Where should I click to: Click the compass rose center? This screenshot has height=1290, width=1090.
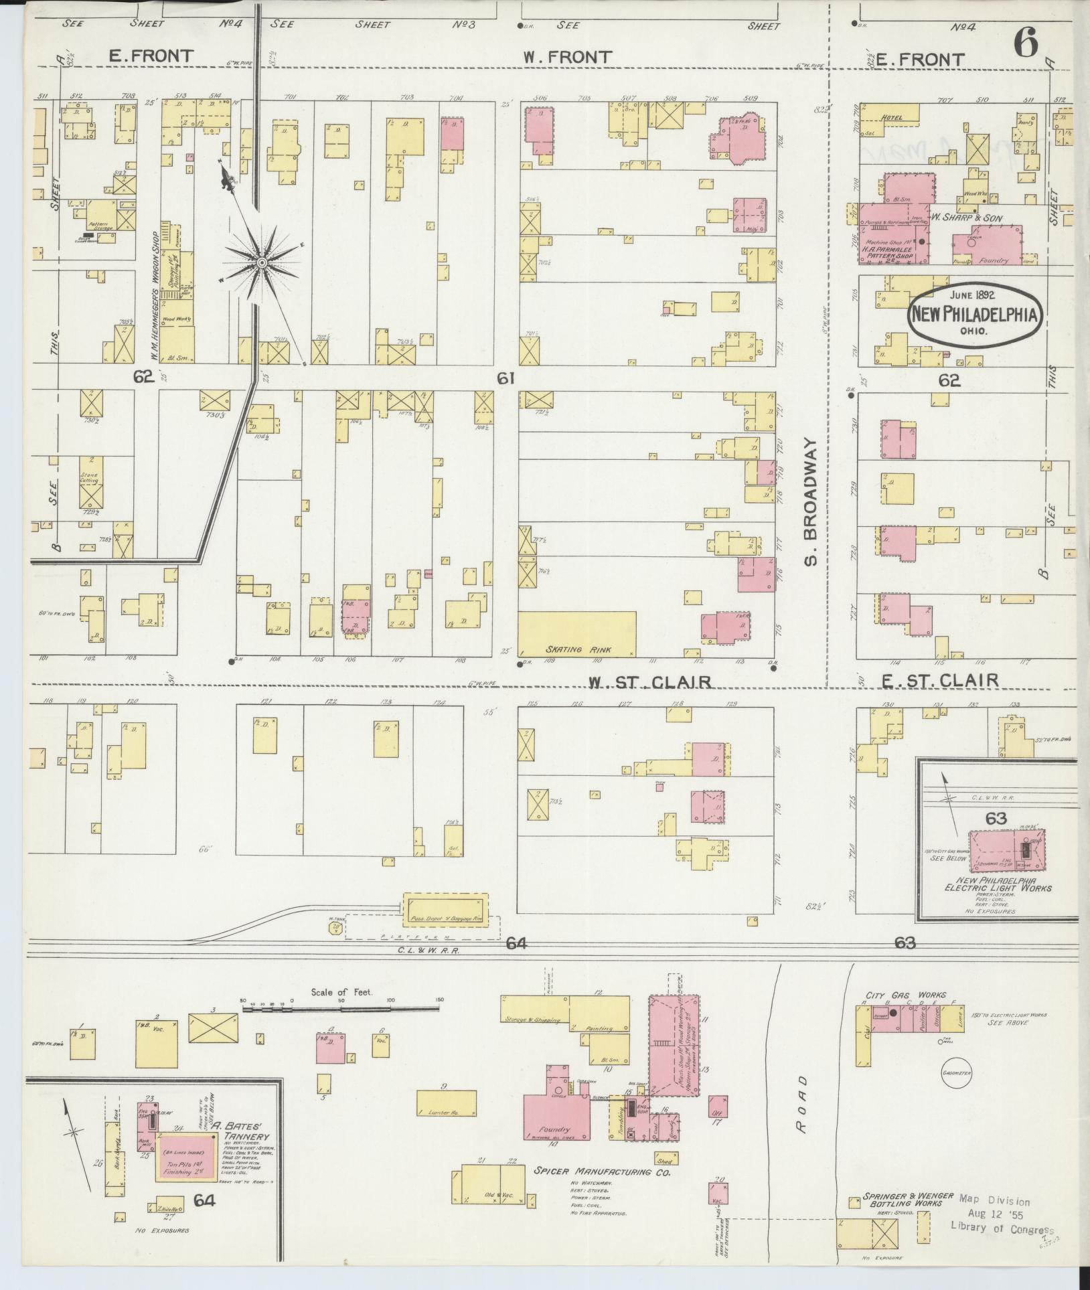pos(262,262)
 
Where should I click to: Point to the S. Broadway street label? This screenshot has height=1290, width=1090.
pos(811,502)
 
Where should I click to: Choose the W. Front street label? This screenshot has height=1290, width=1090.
pos(568,58)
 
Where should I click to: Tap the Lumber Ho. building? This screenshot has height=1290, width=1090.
pos(447,1103)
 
